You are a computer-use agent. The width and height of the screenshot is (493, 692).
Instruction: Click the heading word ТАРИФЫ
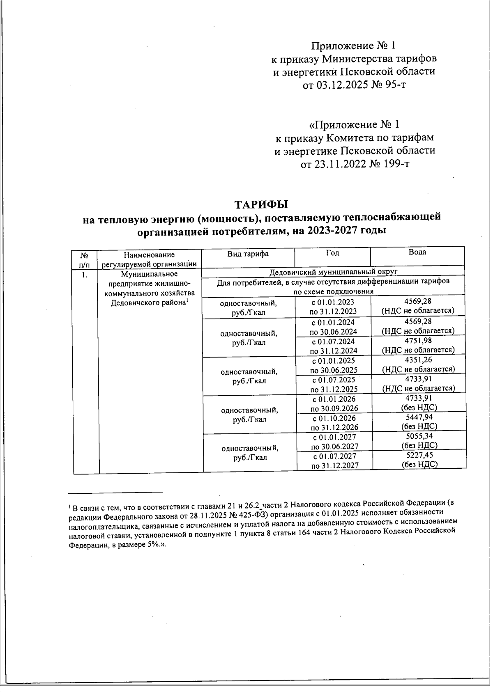[x=261, y=204]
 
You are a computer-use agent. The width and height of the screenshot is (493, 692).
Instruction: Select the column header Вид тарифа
[x=248, y=254]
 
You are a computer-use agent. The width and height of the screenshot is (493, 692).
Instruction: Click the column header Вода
[x=417, y=252]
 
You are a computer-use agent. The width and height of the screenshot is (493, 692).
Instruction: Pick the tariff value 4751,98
[x=418, y=340]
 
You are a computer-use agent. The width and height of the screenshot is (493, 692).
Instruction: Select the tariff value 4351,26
[x=418, y=360]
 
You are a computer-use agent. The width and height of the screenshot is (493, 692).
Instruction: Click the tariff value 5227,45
[x=419, y=455]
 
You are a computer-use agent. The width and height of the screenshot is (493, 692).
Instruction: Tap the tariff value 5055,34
[x=419, y=436]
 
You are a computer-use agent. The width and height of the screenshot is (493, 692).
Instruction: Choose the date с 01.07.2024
[x=333, y=341]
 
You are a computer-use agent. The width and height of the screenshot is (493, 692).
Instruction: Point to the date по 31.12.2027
[x=335, y=465]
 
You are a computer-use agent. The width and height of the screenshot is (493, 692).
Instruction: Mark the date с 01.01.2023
[x=333, y=302]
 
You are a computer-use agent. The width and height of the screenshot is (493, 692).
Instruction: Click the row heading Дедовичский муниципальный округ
[x=334, y=272]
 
